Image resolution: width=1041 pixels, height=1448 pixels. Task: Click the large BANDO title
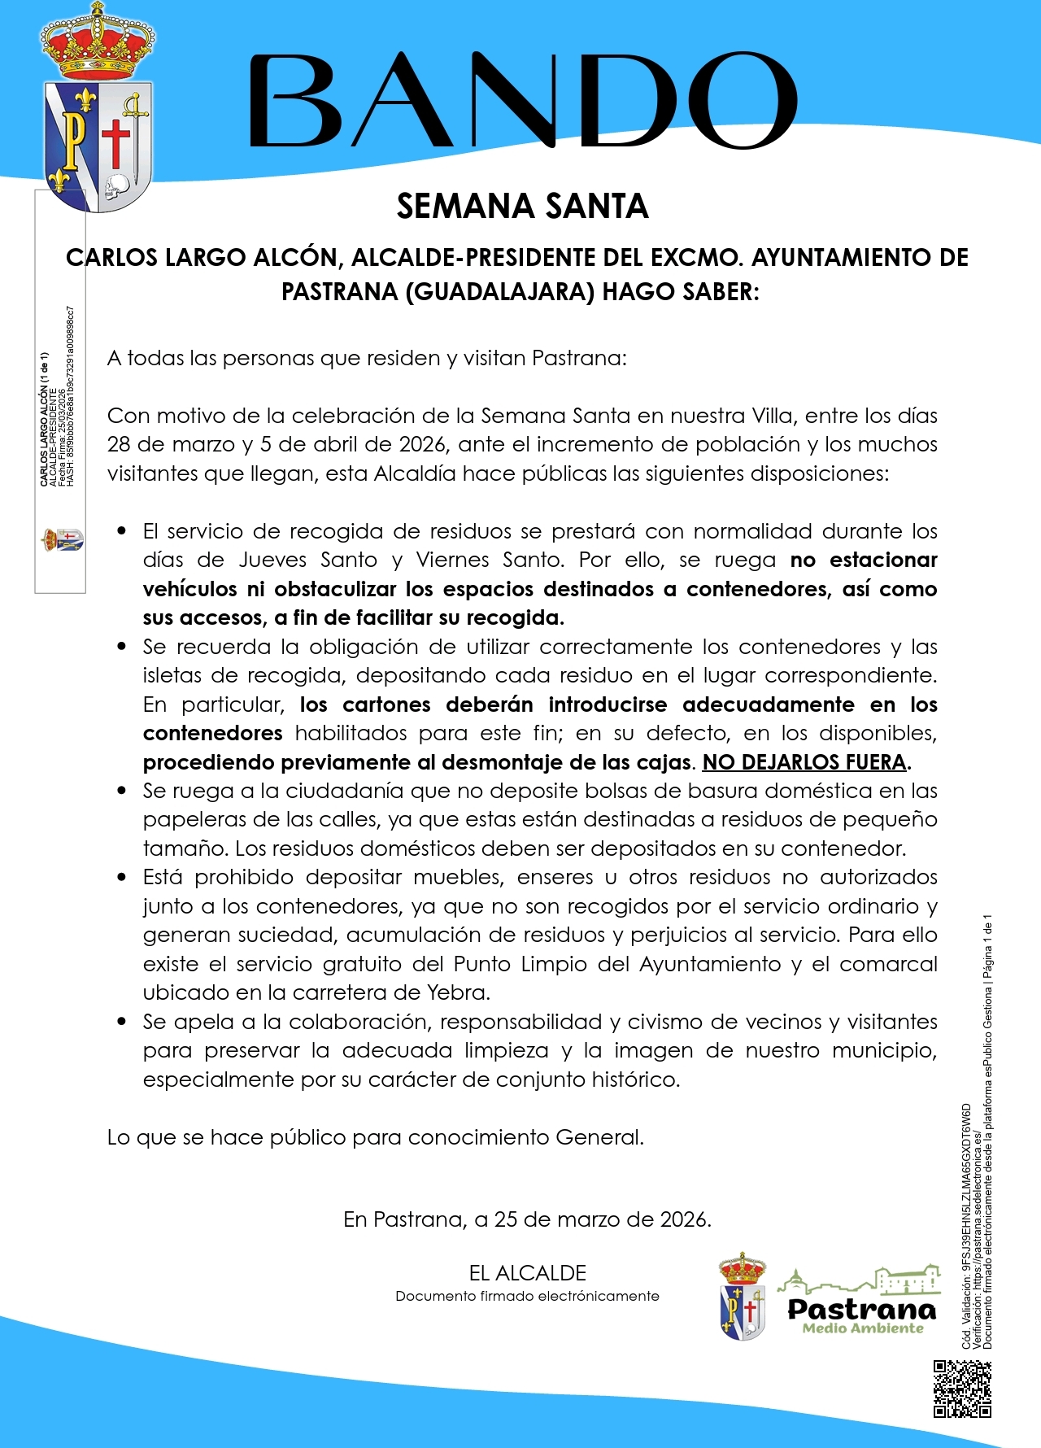(x=521, y=101)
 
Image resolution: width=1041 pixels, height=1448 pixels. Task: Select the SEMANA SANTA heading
(x=522, y=207)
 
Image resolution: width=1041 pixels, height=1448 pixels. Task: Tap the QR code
(x=962, y=1389)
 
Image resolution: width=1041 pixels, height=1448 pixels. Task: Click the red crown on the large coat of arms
(x=98, y=45)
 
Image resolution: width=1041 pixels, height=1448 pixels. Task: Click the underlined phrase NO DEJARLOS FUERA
(x=804, y=762)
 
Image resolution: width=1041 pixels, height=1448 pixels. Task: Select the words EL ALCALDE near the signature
(x=527, y=1273)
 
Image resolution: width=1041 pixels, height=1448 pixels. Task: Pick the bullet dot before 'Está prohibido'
(x=122, y=877)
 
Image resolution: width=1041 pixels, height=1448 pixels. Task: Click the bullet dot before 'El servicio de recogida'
(x=122, y=531)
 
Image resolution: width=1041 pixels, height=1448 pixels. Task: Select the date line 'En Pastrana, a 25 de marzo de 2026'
(x=527, y=1219)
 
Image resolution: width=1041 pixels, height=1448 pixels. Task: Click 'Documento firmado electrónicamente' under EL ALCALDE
(x=527, y=1296)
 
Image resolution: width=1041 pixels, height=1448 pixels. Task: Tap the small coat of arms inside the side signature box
(x=63, y=539)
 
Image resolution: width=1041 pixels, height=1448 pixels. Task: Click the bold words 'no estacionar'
(x=864, y=560)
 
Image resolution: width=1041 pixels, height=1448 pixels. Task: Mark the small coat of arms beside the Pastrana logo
(x=743, y=1298)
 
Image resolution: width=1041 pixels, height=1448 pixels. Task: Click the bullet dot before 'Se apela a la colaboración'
(x=122, y=1021)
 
